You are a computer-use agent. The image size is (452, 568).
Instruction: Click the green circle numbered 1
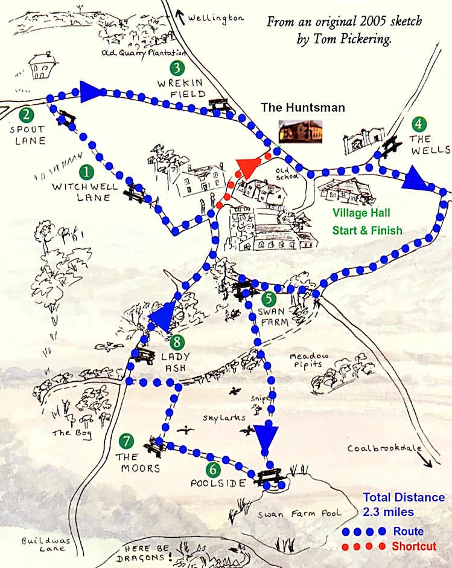[x=88, y=172]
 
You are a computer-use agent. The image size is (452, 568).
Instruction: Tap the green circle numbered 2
[x=25, y=114]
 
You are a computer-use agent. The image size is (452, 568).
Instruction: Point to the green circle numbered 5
[x=268, y=297]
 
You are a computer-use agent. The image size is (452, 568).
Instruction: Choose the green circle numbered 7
[x=126, y=442]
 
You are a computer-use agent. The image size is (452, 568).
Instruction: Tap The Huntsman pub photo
[x=300, y=131]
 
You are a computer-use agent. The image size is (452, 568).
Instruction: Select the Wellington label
[x=215, y=18]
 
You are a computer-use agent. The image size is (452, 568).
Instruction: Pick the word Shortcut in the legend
[x=413, y=546]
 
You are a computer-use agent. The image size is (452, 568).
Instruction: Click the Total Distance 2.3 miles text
[x=404, y=505]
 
